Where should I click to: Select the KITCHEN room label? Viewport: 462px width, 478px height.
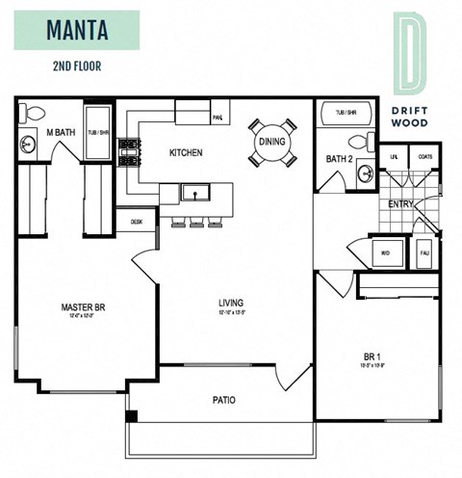click(x=186, y=153)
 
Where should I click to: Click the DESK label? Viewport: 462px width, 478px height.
click(x=136, y=221)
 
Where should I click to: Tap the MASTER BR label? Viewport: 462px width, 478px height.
click(x=82, y=308)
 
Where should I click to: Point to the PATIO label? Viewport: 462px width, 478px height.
click(x=224, y=399)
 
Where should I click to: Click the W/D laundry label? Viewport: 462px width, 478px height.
click(x=385, y=254)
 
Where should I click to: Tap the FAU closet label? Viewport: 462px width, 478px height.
click(x=424, y=254)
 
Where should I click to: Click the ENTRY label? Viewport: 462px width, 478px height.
click(x=400, y=204)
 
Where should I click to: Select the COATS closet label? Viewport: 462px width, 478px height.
click(x=424, y=156)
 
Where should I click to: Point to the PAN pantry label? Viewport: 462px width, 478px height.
click(x=218, y=119)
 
